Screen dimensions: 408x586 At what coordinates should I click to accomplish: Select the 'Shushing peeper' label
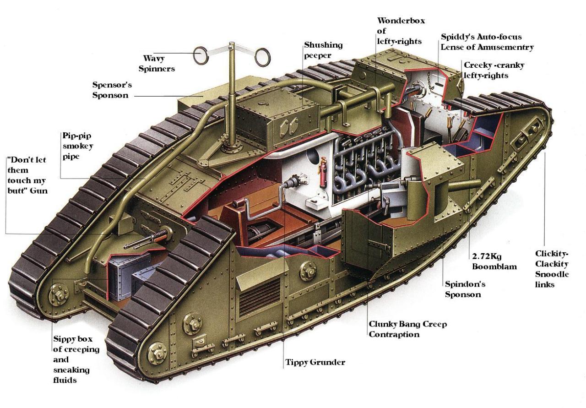tap(323, 50)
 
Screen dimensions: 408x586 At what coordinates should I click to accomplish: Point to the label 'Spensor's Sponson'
tap(110, 90)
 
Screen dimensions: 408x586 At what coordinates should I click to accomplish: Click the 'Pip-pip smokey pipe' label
tap(78, 147)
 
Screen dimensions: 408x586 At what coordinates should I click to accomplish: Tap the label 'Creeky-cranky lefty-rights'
tap(494, 70)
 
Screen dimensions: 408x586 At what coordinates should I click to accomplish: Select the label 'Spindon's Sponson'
tap(465, 289)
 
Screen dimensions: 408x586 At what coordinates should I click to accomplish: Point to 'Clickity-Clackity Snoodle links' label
tap(552, 269)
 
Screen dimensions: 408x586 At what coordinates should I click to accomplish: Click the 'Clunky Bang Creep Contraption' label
tap(407, 329)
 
